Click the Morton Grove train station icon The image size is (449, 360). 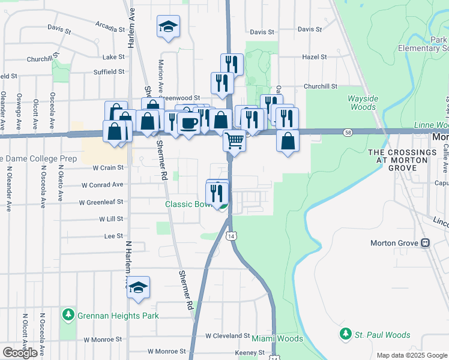425,243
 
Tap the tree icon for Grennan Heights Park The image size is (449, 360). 68,315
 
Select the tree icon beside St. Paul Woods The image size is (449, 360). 345,335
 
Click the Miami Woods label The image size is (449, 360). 277,339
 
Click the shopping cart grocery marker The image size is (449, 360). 235,141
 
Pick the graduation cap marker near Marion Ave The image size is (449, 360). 168,26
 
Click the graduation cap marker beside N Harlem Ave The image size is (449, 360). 138,287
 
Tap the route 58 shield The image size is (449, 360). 348,131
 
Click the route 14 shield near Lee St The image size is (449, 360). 231,236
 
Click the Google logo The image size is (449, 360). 20,353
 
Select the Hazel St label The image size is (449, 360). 315,57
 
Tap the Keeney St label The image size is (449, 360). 246,352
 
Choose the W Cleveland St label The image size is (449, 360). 228,336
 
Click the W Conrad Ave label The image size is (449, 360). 103,185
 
